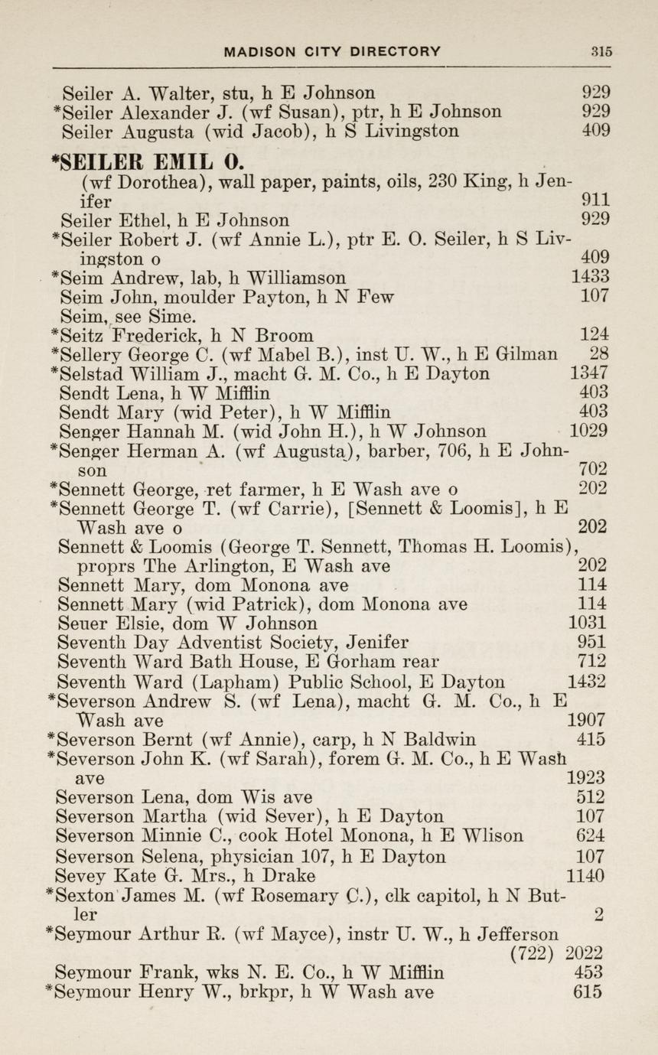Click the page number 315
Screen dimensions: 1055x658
coord(601,52)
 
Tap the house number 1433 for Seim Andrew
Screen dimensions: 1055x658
coord(589,277)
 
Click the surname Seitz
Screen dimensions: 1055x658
coord(86,334)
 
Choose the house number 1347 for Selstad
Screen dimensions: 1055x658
coord(589,373)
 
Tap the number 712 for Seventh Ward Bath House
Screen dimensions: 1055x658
coord(592,661)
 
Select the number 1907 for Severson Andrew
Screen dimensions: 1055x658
coord(586,720)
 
